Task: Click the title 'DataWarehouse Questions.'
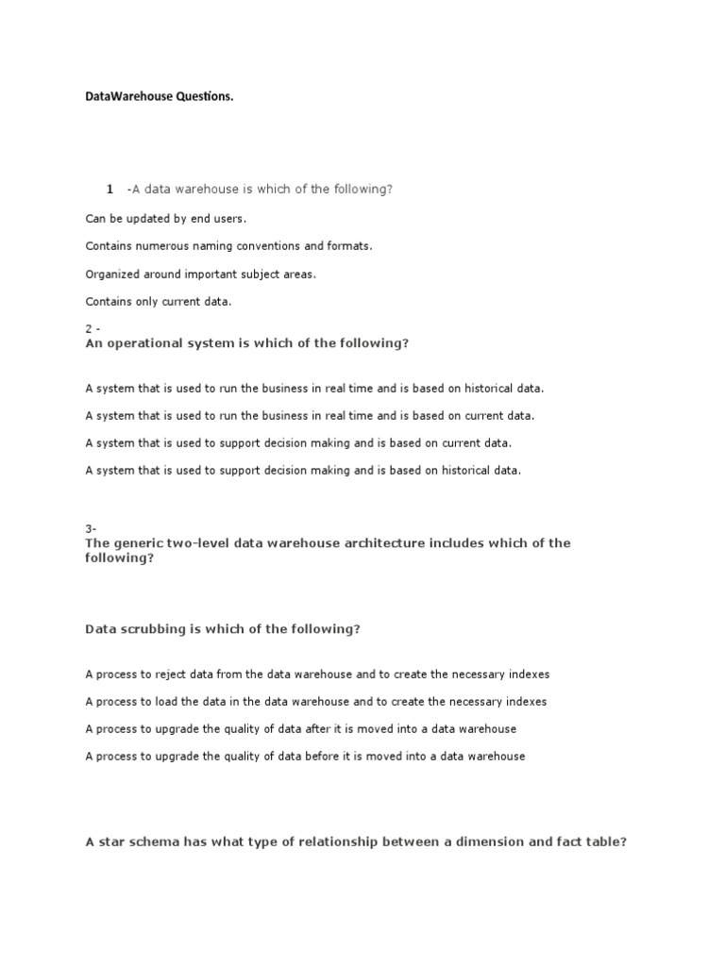[x=159, y=97]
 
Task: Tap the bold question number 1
[x=110, y=190]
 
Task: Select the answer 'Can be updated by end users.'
[x=166, y=219]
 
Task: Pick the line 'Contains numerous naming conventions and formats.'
[x=229, y=246]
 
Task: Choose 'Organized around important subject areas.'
[x=201, y=275]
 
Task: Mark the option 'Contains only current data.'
[x=159, y=302]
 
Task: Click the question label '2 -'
[x=93, y=328]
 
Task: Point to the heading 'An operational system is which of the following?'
[x=247, y=343]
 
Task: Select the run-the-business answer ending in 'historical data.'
[x=314, y=388]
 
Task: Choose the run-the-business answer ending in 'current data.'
[x=310, y=415]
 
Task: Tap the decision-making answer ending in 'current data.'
[x=298, y=442]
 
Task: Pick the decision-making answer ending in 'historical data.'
[x=303, y=470]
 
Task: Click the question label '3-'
[x=91, y=529]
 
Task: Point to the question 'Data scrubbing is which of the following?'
[x=223, y=629]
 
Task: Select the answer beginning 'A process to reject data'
[x=317, y=675]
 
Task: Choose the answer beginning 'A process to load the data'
[x=315, y=702]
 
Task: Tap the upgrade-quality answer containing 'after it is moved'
[x=300, y=729]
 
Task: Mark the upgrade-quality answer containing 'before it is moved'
[x=305, y=757]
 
